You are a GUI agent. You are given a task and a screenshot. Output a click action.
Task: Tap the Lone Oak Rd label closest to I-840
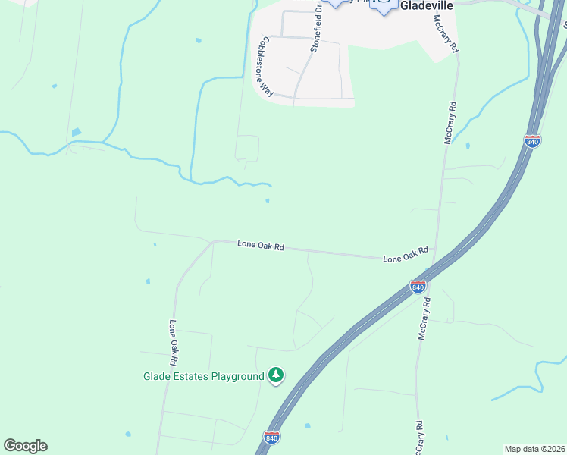point(406,255)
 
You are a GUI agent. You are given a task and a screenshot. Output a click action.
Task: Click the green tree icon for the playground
point(276,375)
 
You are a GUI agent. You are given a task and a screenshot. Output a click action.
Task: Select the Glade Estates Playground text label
point(203,376)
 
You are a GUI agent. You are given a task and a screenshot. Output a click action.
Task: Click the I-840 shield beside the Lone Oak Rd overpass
point(418,286)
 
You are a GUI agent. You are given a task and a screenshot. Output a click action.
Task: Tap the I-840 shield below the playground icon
point(271,438)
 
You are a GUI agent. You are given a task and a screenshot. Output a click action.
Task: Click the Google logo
point(25,446)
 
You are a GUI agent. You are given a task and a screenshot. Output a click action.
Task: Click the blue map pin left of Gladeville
point(384,5)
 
